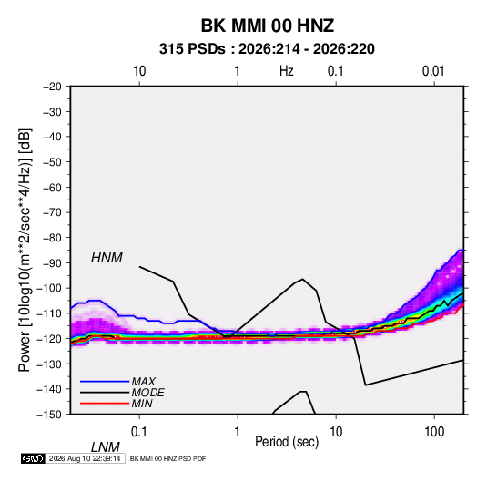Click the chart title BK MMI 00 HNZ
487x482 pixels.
click(x=268, y=26)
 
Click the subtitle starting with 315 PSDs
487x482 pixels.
click(x=267, y=49)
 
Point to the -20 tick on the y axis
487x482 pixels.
click(x=52, y=87)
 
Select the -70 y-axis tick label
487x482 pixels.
click(x=52, y=212)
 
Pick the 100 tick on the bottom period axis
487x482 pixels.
click(x=434, y=432)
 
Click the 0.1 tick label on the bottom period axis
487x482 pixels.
click(x=139, y=432)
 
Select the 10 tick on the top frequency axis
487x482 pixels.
click(x=139, y=71)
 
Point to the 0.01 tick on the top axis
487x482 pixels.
click(x=433, y=71)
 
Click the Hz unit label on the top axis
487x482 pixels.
click(x=287, y=71)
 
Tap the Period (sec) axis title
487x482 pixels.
click(x=287, y=442)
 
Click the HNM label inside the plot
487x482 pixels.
click(x=107, y=258)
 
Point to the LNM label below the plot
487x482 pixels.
click(x=105, y=447)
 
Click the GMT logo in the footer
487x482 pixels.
click(x=33, y=458)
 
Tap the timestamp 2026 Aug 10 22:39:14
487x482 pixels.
click(x=85, y=458)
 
